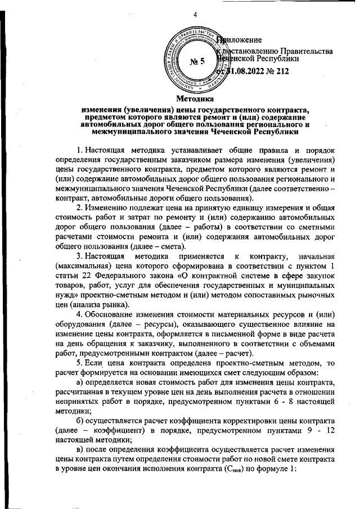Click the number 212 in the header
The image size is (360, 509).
click(281, 71)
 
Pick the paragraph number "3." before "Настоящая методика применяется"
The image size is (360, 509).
click(80, 257)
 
